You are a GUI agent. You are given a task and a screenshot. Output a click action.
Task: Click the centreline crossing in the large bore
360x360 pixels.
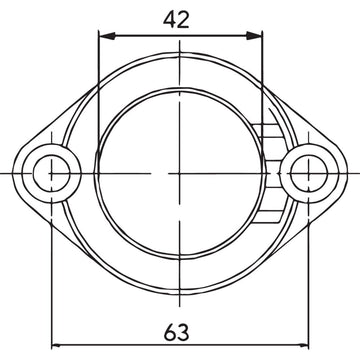coord(179,173)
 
